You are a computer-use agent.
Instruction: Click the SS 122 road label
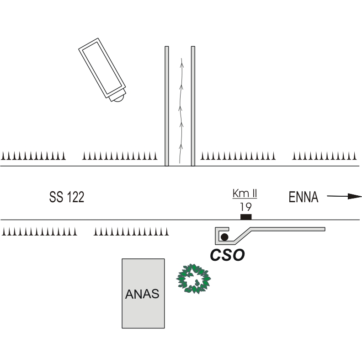coord(67,197)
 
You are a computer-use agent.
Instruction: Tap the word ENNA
coord(303,197)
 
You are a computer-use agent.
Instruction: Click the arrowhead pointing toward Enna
coord(355,196)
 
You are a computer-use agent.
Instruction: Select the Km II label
coord(245,193)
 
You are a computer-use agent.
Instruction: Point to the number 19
coord(245,207)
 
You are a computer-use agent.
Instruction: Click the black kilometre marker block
coord(246,217)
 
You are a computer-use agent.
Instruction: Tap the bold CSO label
coord(228,255)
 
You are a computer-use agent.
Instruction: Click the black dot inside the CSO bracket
coord(224,237)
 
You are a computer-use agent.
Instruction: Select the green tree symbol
coord(193,279)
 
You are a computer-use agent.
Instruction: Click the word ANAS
coord(142,294)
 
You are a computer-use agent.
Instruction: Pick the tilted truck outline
coord(102,70)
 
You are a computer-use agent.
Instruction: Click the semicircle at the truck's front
coord(119,99)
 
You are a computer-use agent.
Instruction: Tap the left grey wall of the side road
coord(167,106)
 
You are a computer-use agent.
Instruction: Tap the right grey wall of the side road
coord(193,106)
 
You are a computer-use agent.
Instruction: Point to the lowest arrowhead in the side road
coord(181,147)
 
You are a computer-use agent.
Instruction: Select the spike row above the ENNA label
coord(324,156)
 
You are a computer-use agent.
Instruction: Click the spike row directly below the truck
coord(120,156)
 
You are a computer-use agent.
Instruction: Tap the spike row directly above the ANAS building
coord(131,231)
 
